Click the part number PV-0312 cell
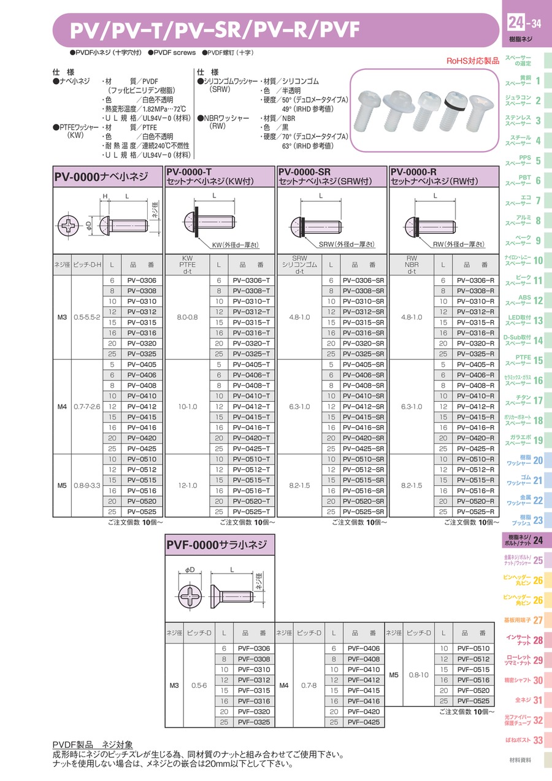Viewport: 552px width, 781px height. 142,312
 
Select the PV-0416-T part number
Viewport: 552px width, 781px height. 251,428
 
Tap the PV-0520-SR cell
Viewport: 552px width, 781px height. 363,501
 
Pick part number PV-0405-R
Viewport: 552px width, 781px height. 475,364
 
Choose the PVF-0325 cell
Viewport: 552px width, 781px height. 254,722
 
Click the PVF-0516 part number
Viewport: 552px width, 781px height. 473,680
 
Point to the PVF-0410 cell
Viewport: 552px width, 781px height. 364,669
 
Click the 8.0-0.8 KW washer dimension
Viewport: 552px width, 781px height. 187,317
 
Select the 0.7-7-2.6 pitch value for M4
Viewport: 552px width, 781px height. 86,407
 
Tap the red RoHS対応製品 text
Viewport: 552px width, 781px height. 472,61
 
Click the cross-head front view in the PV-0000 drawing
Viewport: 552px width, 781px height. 69,226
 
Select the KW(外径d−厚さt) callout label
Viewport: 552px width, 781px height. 236,245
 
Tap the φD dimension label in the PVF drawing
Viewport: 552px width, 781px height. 190,570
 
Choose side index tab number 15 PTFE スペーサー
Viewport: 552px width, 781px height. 523,360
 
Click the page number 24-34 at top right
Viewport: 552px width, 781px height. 524,23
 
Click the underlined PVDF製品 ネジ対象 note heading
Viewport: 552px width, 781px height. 93,745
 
